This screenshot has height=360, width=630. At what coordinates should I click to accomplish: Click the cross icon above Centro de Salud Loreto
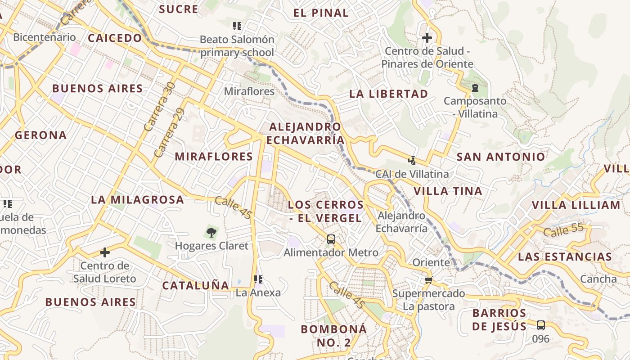tap(105, 252)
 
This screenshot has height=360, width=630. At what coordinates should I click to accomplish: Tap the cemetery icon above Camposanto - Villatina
tap(475, 87)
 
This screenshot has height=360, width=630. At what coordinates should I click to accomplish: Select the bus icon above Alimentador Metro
tap(331, 239)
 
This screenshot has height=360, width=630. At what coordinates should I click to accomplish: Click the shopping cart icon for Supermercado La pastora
tap(428, 280)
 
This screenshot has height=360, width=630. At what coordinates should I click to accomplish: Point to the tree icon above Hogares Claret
tap(211, 232)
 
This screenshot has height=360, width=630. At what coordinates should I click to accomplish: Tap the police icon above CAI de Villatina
tap(412, 160)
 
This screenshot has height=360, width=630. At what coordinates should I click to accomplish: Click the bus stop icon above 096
tap(541, 325)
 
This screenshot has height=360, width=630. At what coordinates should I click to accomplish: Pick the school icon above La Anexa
tap(258, 279)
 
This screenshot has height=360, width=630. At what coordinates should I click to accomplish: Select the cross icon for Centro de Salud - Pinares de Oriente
tap(427, 38)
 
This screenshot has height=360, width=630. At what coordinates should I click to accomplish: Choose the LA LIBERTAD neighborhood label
tap(389, 94)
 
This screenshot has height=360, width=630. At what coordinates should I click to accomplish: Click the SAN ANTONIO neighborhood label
tap(501, 157)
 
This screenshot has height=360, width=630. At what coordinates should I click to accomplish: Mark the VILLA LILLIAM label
tap(576, 205)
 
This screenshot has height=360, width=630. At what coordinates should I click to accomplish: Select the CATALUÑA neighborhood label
tap(196, 285)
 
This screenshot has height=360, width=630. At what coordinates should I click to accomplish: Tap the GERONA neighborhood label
tap(41, 135)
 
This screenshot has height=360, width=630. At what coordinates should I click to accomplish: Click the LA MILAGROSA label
tap(138, 200)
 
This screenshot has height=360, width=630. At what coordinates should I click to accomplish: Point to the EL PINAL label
tap(321, 13)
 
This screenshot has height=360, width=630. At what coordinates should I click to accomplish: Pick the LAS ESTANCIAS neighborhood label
tap(565, 257)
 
